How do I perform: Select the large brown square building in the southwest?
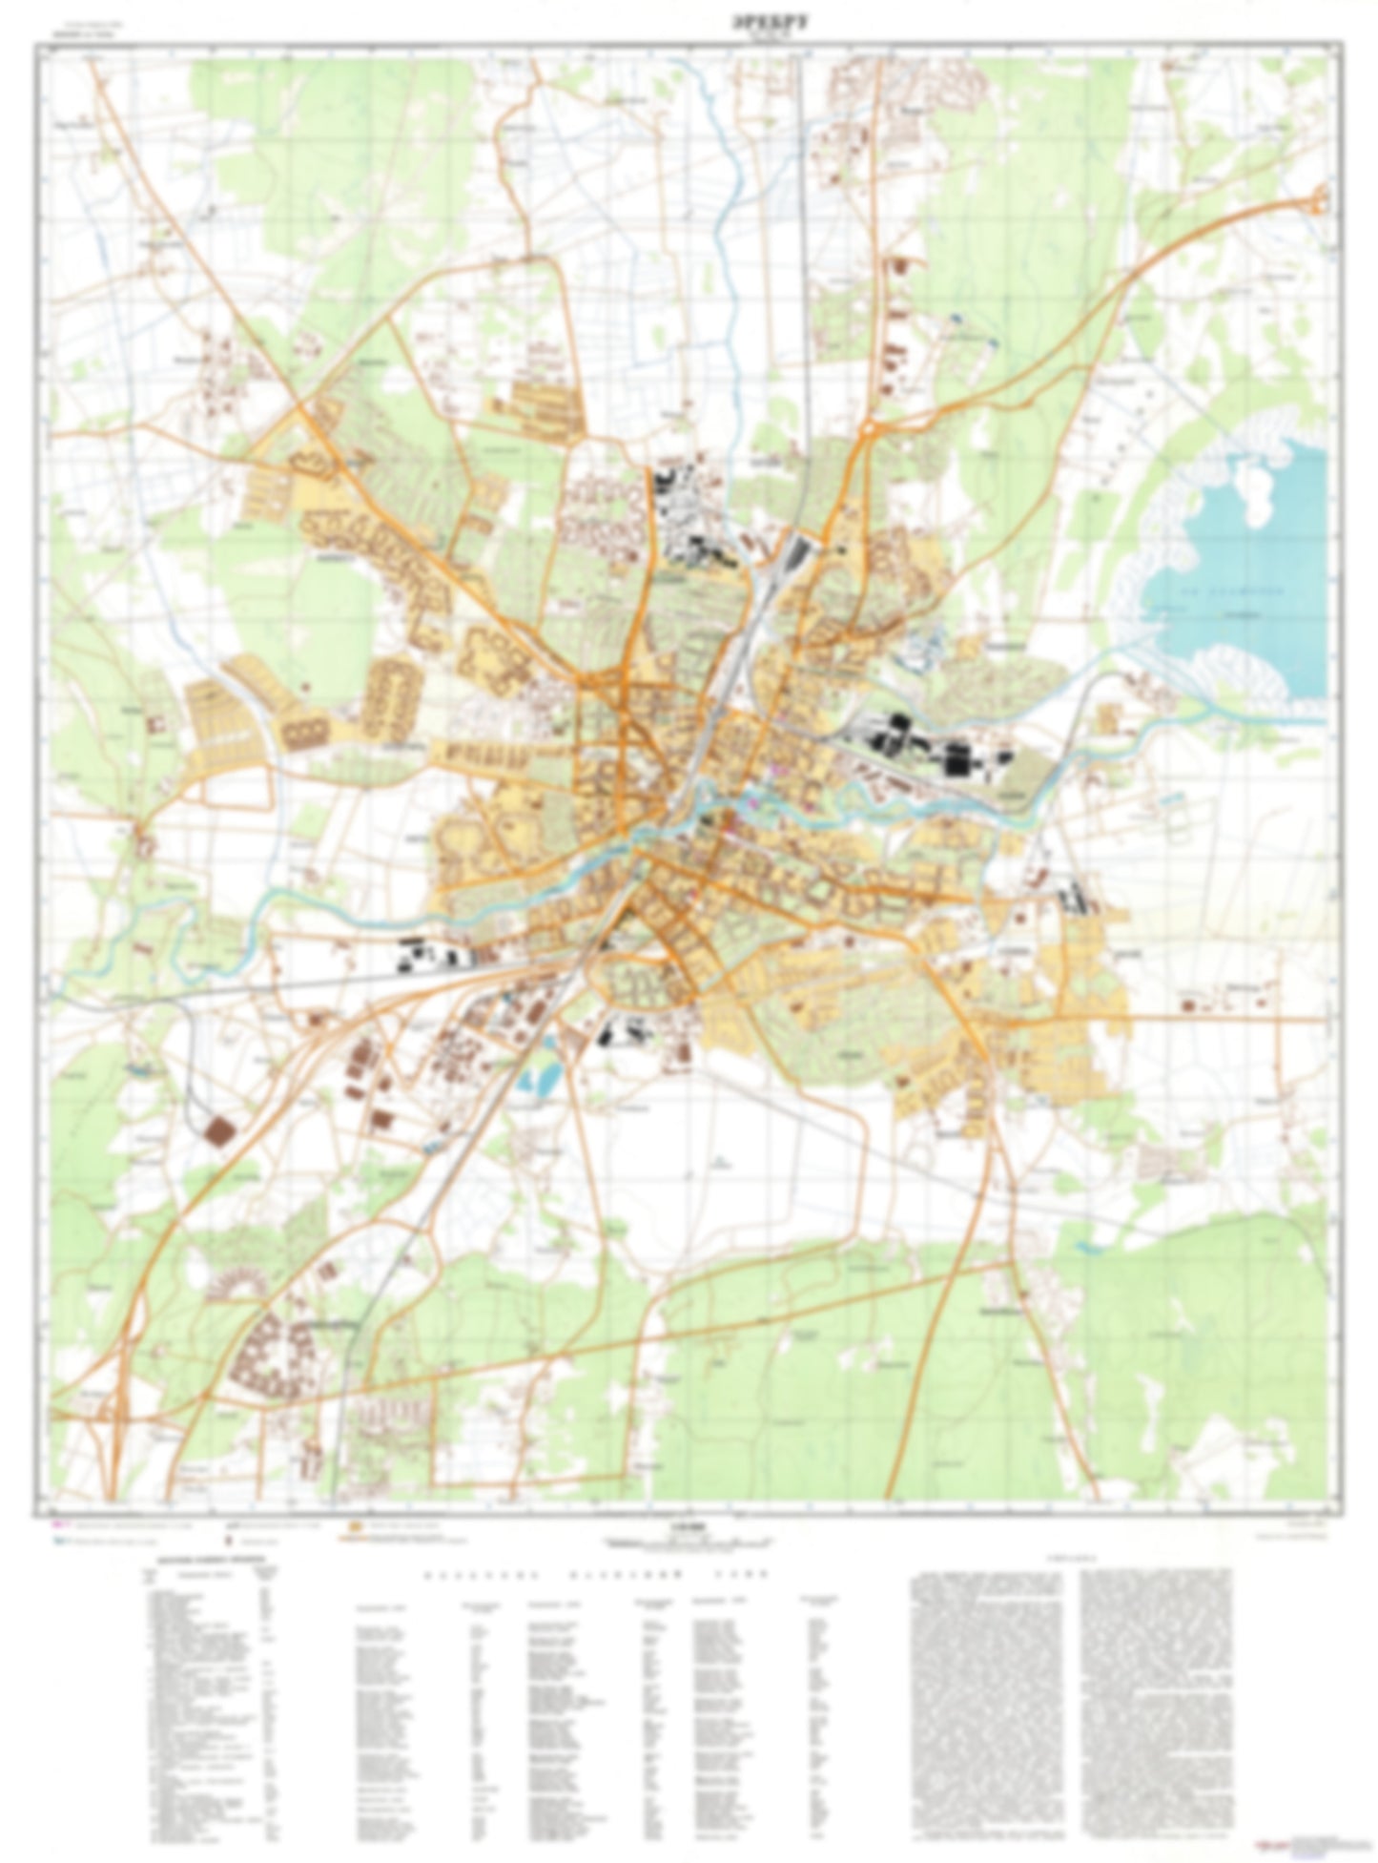(221, 1131)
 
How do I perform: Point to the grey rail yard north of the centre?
(791, 553)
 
